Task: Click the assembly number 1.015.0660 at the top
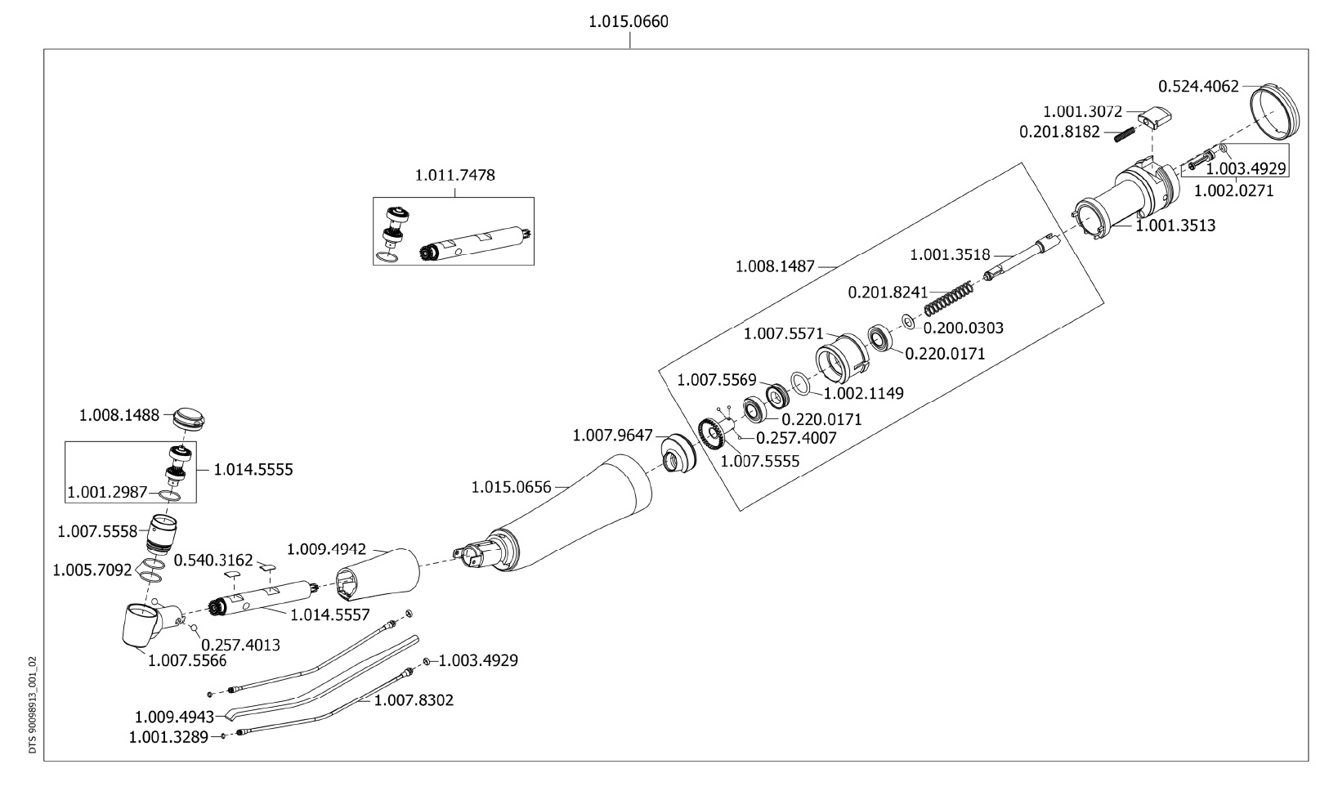pyautogui.click(x=628, y=22)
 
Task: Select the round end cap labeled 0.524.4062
pyautogui.click(x=1277, y=112)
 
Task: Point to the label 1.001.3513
pyautogui.click(x=1176, y=226)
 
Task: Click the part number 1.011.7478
pyautogui.click(x=454, y=175)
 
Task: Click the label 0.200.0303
pyautogui.click(x=963, y=328)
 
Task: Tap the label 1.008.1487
pyautogui.click(x=776, y=266)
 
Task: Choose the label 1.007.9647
pyautogui.click(x=613, y=435)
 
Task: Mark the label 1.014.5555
pyautogui.click(x=253, y=470)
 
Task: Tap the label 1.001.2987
pyautogui.click(x=107, y=493)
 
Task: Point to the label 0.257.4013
pyautogui.click(x=240, y=644)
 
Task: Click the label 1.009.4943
pyautogui.click(x=174, y=717)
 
